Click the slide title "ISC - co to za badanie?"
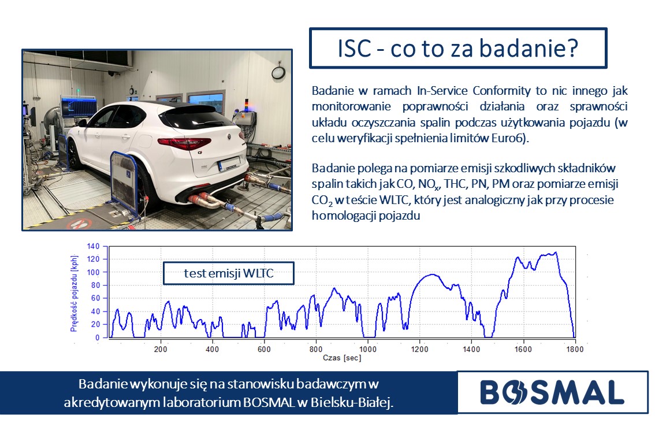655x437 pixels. coord(457,48)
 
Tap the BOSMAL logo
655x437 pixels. coord(552,392)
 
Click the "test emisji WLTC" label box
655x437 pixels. coord(229,273)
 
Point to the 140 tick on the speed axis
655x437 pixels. coord(93,246)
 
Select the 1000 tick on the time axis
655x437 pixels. coord(367,349)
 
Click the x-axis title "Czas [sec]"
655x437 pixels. coord(342,358)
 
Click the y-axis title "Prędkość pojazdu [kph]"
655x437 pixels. coord(74,293)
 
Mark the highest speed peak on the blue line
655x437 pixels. coord(556,252)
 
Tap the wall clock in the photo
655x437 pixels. coord(278,72)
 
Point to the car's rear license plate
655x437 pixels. coord(229,164)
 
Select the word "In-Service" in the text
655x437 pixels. coord(441,91)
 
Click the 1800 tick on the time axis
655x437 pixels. coord(575,349)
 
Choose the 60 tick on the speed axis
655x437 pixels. coord(95,298)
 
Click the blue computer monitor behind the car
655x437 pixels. coord(79,106)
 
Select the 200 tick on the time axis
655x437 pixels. coord(161,349)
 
